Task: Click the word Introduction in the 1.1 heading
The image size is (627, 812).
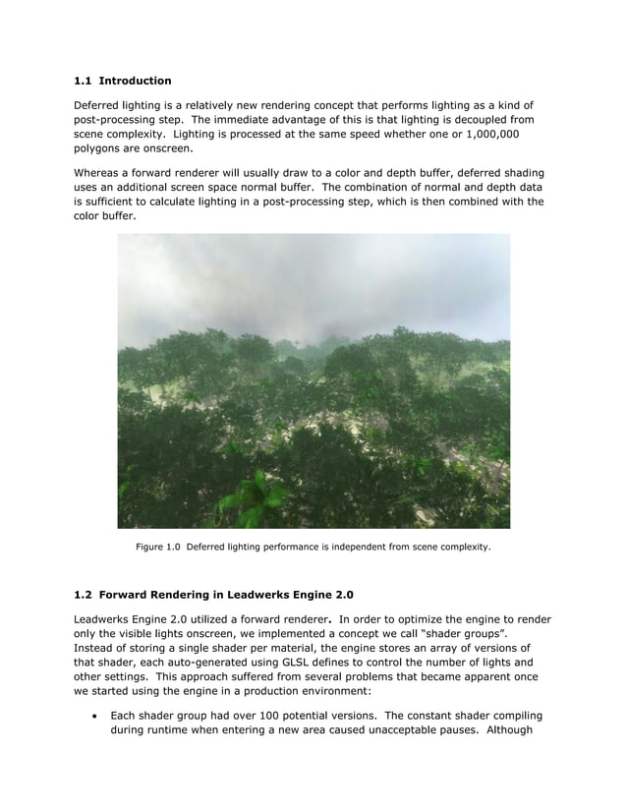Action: pos(136,80)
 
